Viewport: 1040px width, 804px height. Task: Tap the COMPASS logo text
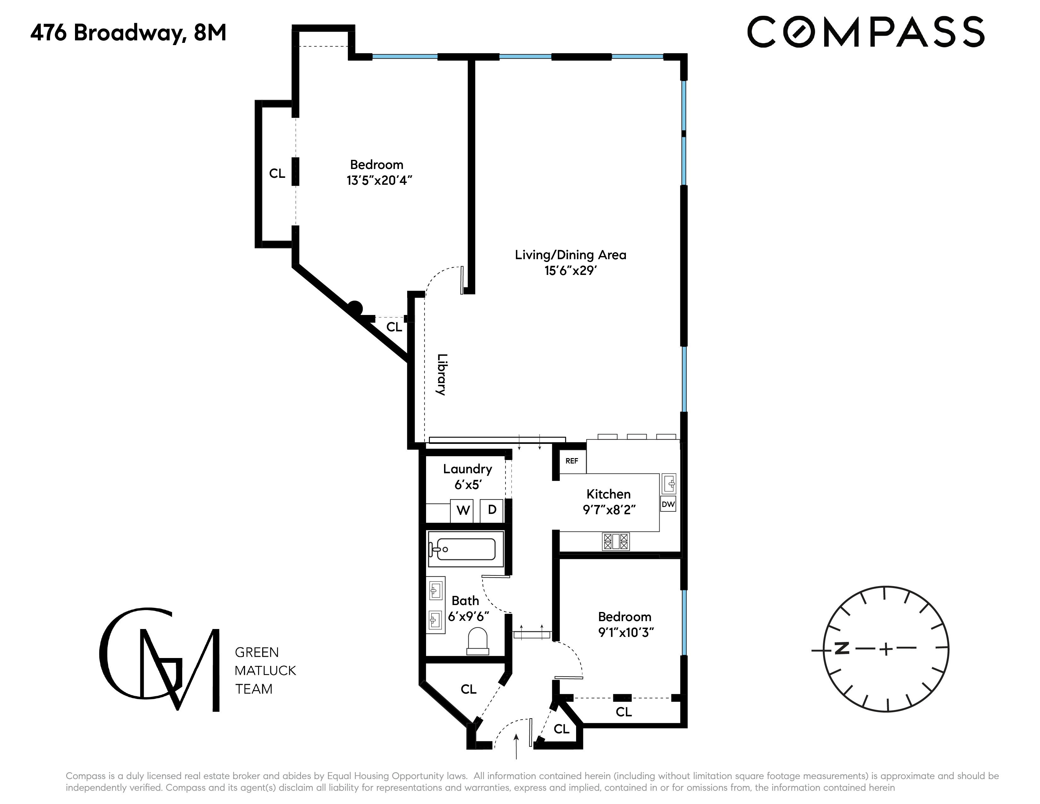coord(865,32)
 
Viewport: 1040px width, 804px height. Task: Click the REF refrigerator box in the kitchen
coord(572,461)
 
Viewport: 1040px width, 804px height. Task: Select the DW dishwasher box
coord(668,504)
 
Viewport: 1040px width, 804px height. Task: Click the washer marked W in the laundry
coord(462,510)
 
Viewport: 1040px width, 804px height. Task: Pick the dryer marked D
coord(492,510)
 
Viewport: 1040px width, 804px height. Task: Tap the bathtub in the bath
coord(466,549)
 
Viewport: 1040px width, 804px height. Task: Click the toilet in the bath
coord(478,641)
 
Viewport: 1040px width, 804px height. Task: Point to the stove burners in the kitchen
coord(616,541)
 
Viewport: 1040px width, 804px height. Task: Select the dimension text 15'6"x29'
coord(570,271)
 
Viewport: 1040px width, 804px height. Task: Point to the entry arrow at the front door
coord(516,745)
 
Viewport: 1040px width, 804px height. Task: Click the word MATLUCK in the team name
coord(265,671)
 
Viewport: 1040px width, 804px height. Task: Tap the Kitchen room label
coord(608,494)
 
